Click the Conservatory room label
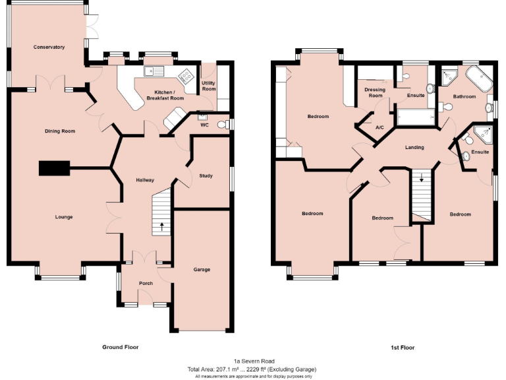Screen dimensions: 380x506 tap(49, 47)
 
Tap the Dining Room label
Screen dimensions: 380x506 tap(60, 131)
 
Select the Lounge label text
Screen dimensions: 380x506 tap(64, 217)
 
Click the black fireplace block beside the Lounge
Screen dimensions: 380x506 tap(54, 169)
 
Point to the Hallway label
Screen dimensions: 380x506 tap(144, 180)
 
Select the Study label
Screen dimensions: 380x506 tap(206, 175)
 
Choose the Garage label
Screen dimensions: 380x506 tap(202, 269)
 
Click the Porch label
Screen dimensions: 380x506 tap(146, 284)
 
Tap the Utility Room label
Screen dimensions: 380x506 tap(209, 86)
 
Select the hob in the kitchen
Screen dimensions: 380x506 tap(187, 75)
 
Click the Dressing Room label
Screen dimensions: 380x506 tap(375, 92)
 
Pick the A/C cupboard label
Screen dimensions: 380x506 tap(379, 127)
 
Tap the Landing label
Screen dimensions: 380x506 tap(414, 147)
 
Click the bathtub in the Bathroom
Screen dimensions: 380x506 tap(480, 81)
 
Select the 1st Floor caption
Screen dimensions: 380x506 tap(401, 347)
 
